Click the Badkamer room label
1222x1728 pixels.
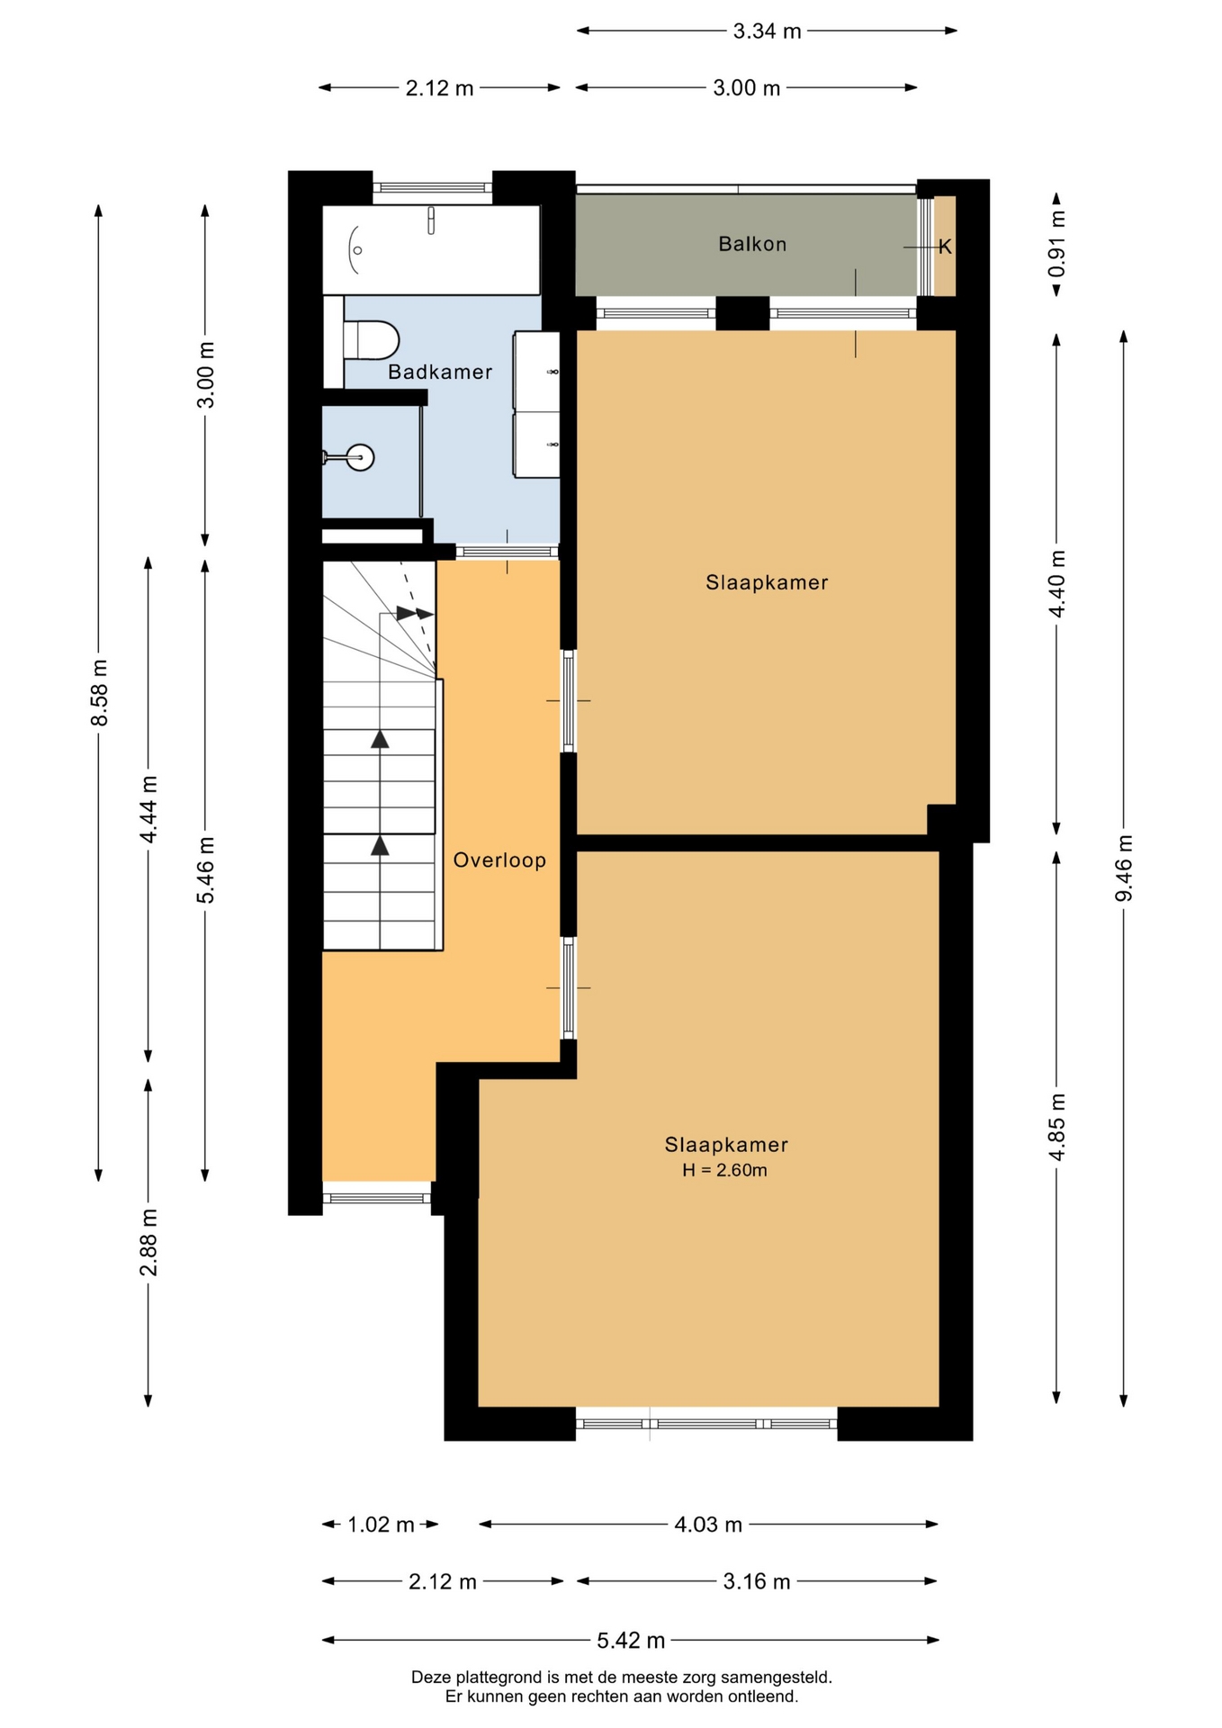pyautogui.click(x=440, y=372)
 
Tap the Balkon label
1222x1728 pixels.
pyautogui.click(x=752, y=244)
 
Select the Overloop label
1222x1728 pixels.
pyautogui.click(x=499, y=860)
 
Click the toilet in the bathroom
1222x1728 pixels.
pyautogui.click(x=371, y=341)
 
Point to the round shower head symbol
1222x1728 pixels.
pyautogui.click(x=361, y=457)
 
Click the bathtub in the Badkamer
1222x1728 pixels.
pyautogui.click(x=431, y=249)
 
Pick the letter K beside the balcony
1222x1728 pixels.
pyautogui.click(x=945, y=247)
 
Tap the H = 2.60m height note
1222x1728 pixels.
pyautogui.click(x=724, y=1170)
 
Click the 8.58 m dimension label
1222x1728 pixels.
pyautogui.click(x=99, y=693)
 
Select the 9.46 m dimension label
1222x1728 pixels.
pyautogui.click(x=1124, y=868)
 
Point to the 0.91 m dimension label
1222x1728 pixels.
pyautogui.click(x=1057, y=244)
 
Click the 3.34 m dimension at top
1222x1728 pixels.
pyautogui.click(x=767, y=31)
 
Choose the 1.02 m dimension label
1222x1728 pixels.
pyautogui.click(x=381, y=1525)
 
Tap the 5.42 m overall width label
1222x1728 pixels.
pyautogui.click(x=631, y=1641)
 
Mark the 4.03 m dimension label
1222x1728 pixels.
pyautogui.click(x=708, y=1525)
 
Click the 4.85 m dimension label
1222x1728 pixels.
pyautogui.click(x=1057, y=1128)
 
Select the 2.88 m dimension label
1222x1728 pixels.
pyautogui.click(x=148, y=1243)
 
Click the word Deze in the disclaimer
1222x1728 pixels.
pyautogui.click(x=430, y=1678)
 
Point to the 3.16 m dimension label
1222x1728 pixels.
pyautogui.click(x=757, y=1581)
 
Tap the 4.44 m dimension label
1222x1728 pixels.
pyautogui.click(x=148, y=809)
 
